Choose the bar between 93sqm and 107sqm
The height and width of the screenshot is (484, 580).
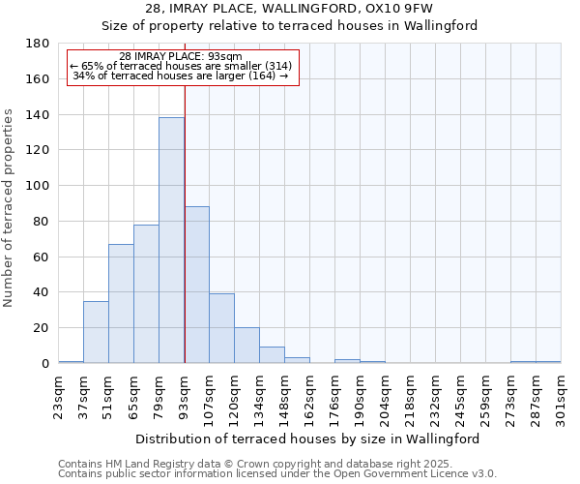coord(196,285)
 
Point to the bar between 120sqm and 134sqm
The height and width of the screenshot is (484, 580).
coord(246,346)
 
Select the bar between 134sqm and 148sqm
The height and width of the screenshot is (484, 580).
coord(272,355)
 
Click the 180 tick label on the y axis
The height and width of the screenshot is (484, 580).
coord(38,44)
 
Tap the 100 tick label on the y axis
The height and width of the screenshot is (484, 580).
coord(38,186)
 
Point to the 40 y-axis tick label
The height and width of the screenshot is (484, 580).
coord(42,292)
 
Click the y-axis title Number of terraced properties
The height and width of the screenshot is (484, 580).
coord(10,207)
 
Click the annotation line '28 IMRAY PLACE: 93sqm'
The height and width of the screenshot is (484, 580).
coord(181,56)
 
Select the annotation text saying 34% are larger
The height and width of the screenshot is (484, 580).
coord(181,76)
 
